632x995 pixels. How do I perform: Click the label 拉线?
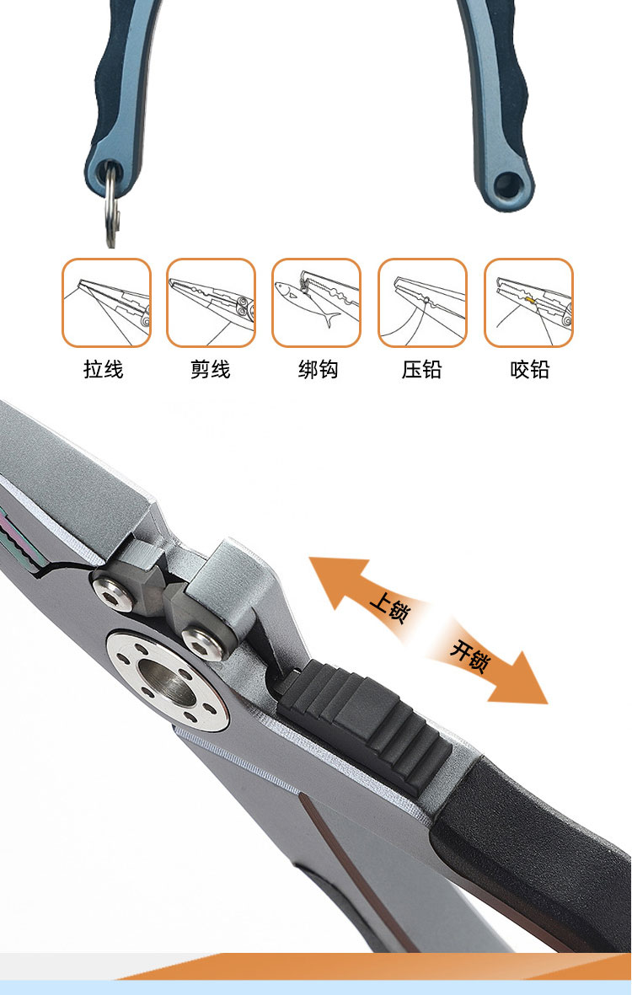(x=104, y=369)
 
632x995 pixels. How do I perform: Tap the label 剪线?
(x=210, y=369)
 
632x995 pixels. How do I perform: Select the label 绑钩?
(x=318, y=369)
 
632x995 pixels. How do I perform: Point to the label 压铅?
(x=421, y=369)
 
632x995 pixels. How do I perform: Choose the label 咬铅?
(x=530, y=369)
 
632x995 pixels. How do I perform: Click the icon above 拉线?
(x=107, y=302)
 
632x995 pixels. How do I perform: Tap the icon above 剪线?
(x=212, y=302)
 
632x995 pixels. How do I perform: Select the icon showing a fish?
(x=317, y=302)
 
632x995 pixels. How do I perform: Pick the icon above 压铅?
(x=423, y=302)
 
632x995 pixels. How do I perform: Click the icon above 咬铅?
(x=528, y=302)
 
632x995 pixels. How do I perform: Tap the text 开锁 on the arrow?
(x=469, y=655)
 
